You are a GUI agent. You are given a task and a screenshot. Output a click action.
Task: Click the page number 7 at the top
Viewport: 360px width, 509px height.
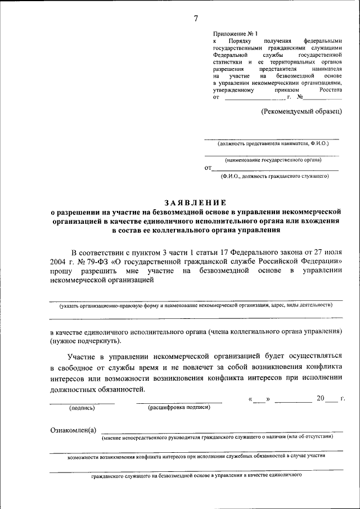(x=196, y=18)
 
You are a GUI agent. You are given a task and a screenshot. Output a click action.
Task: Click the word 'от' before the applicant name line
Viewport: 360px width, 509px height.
(x=208, y=168)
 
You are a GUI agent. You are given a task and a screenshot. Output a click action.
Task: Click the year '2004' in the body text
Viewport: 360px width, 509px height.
(x=58, y=262)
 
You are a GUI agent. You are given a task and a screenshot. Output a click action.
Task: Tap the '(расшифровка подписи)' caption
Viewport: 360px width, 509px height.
(x=179, y=407)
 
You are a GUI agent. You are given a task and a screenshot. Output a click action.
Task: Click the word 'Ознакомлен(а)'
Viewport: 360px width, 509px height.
(x=73, y=430)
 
